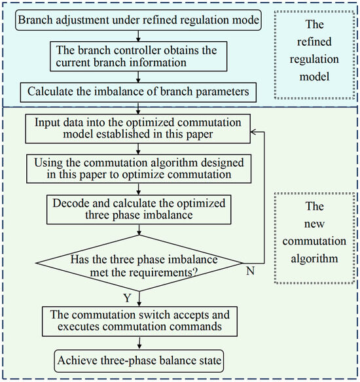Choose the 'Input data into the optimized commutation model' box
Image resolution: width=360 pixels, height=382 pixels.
pos(135,129)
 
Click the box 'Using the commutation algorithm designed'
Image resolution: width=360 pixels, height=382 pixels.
pos(135,167)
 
